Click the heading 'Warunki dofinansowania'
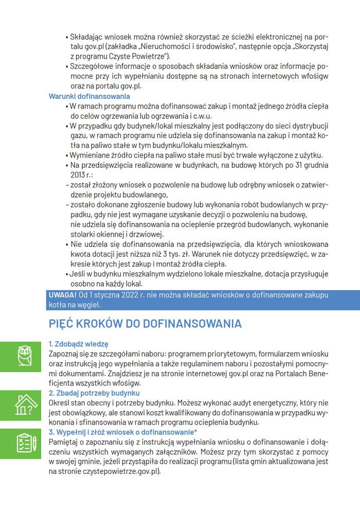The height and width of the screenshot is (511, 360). click(x=89, y=96)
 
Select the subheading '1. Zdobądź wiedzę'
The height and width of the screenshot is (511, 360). click(x=78, y=344)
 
